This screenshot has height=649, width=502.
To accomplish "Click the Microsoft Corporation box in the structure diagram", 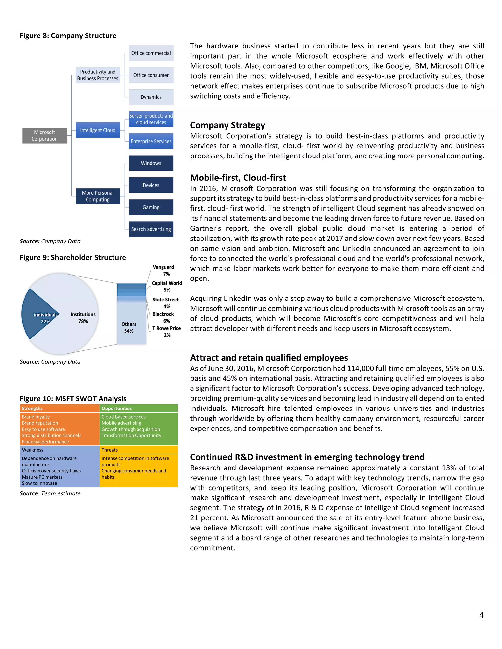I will tap(44, 135).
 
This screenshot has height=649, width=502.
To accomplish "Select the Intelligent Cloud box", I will tap(98, 130).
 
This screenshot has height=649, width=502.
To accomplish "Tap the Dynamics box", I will tap(151, 97).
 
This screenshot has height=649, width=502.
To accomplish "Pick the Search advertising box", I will tap(151, 229).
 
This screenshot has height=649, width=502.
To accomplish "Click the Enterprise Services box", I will tap(151, 141).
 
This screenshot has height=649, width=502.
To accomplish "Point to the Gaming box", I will tap(151, 207).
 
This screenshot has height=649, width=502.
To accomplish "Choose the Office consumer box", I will tap(151, 75).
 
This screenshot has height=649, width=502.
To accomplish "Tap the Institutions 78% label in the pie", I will tap(83, 318).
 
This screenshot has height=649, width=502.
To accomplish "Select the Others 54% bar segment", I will tap(129, 327).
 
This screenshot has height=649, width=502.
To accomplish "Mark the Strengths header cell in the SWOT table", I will tap(60, 408).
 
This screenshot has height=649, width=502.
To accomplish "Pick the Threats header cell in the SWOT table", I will tap(138, 450).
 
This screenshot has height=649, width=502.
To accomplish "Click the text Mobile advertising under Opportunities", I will tap(121, 423).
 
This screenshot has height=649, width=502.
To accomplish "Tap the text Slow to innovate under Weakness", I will tap(39, 483).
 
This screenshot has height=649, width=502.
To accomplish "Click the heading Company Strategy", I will tap(227, 125).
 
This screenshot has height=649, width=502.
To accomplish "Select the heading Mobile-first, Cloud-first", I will tap(238, 178).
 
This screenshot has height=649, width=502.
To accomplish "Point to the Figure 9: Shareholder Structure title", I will tap(73, 257).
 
